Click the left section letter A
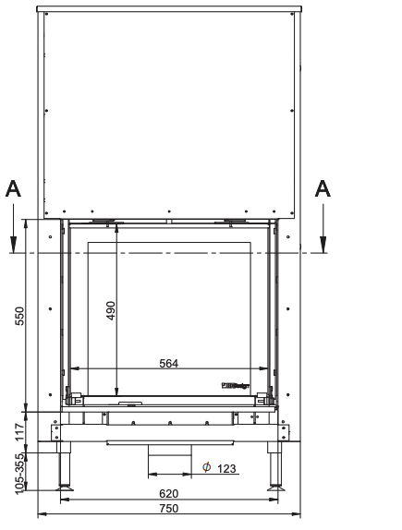coord(13,189)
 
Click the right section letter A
coord(323,188)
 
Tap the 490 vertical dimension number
coord(111,310)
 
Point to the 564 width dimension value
coord(168,364)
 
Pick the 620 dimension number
coord(168,494)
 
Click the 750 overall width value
coord(168,510)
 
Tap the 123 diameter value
coord(226,469)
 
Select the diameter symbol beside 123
coord(206,467)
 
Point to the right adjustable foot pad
coord(274,487)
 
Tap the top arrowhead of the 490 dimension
coord(116,227)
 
